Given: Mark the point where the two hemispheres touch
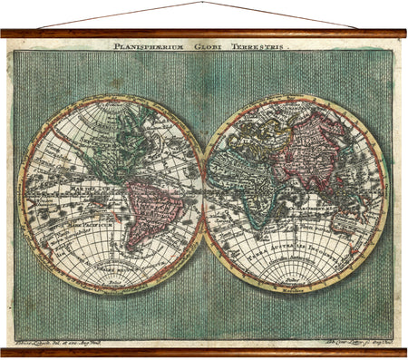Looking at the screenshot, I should [x=204, y=195].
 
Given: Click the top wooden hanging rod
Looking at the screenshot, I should [x=204, y=33].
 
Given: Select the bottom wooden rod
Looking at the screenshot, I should [x=204, y=352].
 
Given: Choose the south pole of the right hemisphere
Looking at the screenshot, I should [x=296, y=290].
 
